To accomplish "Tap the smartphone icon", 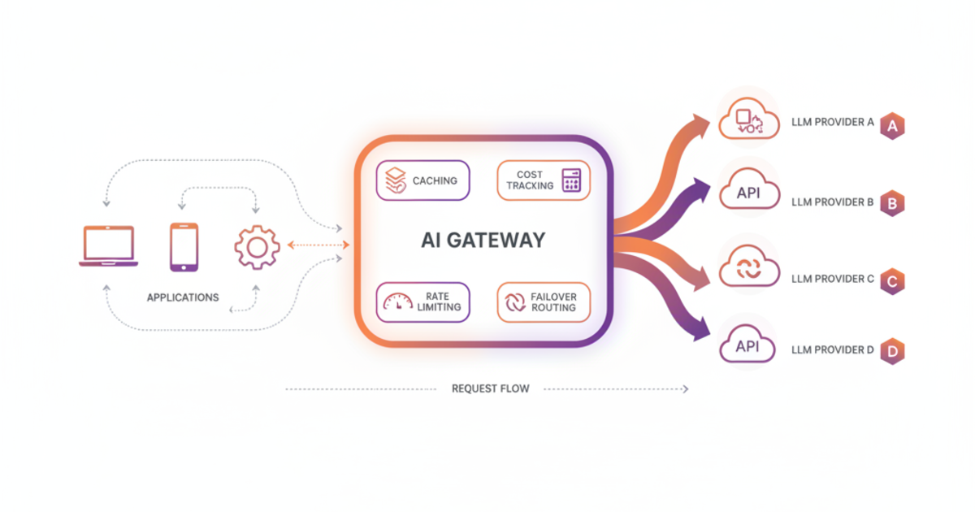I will [x=184, y=246].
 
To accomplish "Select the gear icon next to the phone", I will [x=257, y=246].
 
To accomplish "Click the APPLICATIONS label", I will [x=183, y=297].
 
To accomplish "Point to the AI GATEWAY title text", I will [x=483, y=241].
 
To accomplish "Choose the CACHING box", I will [x=422, y=180].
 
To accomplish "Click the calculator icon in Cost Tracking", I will [x=571, y=180].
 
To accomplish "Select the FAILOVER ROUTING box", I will [x=543, y=302].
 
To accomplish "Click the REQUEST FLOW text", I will [x=490, y=389].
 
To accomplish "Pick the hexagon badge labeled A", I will [x=892, y=126].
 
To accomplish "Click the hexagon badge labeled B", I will [x=892, y=204].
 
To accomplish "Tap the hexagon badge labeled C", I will [x=892, y=281].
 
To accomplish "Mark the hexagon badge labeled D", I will [x=892, y=352].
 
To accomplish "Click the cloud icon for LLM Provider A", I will [x=748, y=121].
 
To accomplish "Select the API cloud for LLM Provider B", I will [x=748, y=193].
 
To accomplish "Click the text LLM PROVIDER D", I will [x=832, y=350].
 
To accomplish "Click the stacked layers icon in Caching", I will [x=395, y=180].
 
